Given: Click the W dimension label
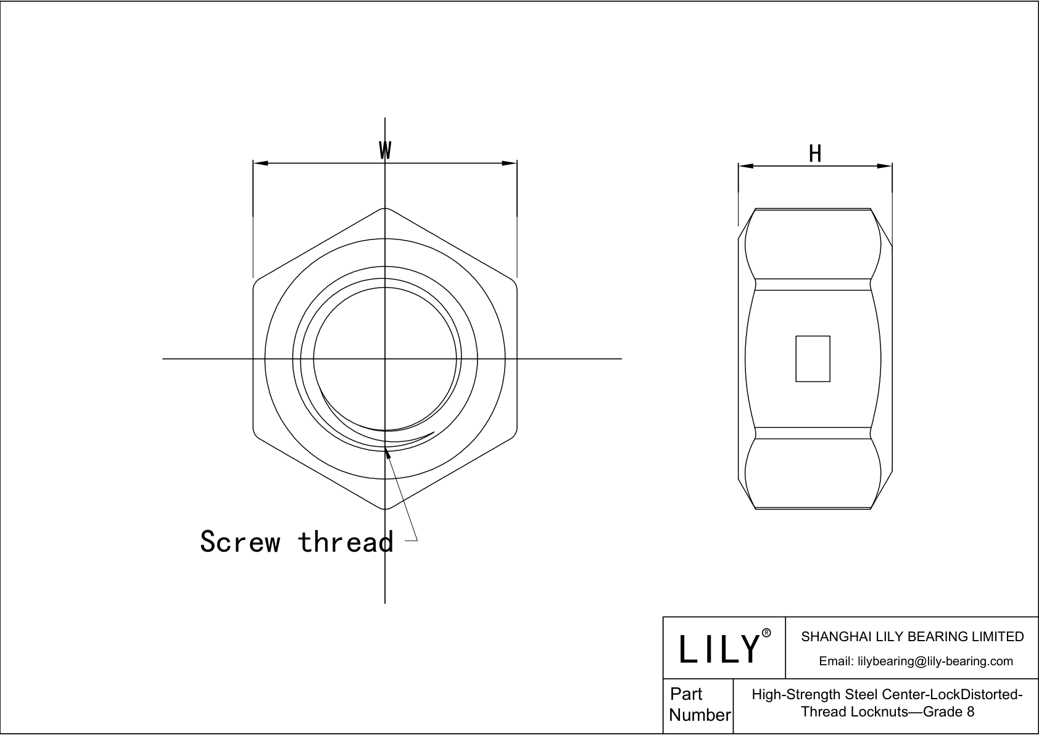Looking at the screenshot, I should click(385, 150).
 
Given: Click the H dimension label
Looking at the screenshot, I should click(815, 154).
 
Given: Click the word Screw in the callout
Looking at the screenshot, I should click(239, 541).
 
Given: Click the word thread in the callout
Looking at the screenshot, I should click(346, 541).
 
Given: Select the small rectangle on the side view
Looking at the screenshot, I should click(813, 359).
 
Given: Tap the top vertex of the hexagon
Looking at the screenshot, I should click(385, 208).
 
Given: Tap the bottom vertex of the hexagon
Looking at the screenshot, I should click(385, 509).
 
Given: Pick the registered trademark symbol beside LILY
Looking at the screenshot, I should click(766, 633).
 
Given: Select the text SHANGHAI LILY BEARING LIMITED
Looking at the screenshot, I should click(912, 636).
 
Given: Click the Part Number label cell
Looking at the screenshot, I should click(698, 705).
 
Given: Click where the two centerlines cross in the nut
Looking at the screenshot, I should click(385, 359).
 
